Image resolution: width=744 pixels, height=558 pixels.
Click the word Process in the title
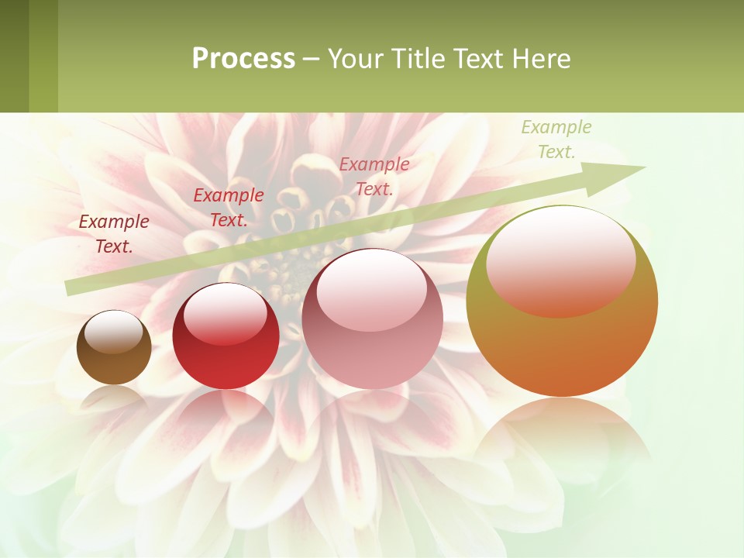tap(243, 59)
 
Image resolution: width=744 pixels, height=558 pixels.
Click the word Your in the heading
tap(353, 59)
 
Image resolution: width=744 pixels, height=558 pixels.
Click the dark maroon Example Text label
tap(114, 234)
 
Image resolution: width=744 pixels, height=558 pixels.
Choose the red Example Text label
tap(229, 208)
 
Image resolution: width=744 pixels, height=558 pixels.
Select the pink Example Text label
tap(374, 176)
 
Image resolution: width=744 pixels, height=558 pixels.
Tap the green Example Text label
tap(556, 139)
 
